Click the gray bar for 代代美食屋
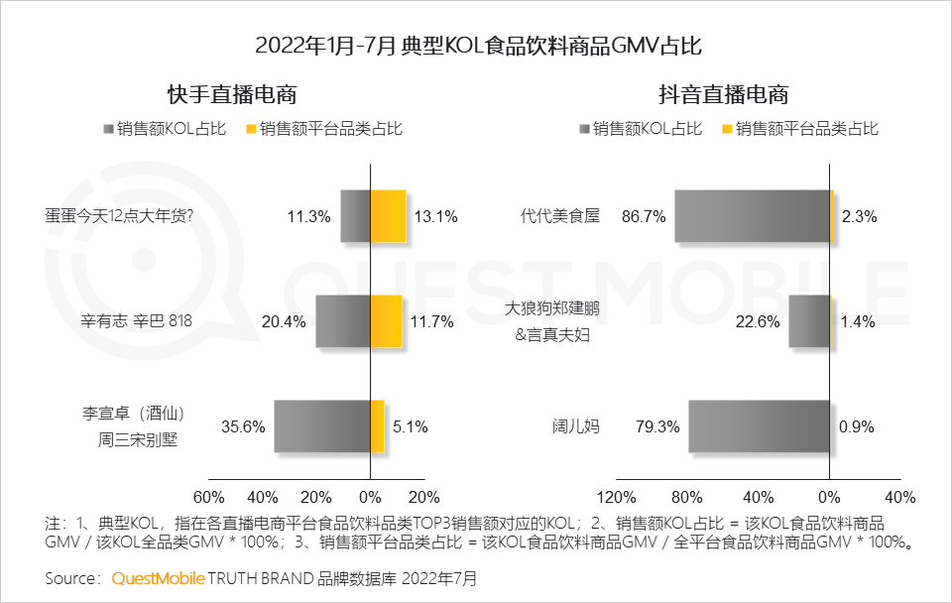tap(752, 216)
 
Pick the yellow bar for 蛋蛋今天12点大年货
tap(388, 216)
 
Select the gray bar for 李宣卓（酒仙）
tap(321, 426)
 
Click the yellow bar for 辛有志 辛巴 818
tap(386, 321)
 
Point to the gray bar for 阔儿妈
tap(759, 426)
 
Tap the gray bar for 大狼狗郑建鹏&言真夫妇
tap(808, 321)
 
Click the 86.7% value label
tap(644, 217)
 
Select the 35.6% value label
tap(243, 427)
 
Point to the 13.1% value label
tap(437, 217)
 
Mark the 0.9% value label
tap(857, 427)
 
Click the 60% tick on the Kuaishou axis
tap(208, 497)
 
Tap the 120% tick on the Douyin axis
tap(617, 497)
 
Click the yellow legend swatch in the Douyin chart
tap(727, 129)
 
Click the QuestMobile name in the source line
tap(158, 577)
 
